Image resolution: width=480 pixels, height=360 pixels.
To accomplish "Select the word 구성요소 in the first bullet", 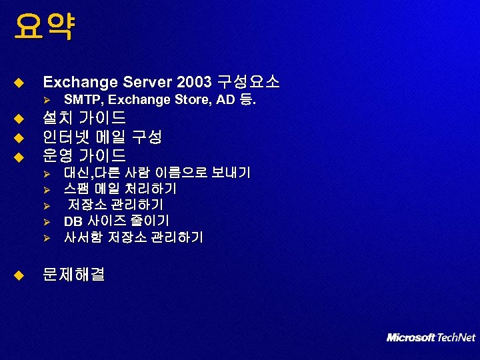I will [247, 83].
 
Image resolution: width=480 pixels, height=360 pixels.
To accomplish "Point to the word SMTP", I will [83, 100].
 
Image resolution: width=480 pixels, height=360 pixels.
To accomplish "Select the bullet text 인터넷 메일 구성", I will [102, 137].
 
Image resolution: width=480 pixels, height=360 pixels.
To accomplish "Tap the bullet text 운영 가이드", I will [84, 156].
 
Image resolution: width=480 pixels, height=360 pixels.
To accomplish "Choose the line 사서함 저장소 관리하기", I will [133, 237].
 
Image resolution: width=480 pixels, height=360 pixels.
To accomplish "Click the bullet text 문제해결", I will [73, 274].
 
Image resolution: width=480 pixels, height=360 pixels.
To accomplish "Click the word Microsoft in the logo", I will [411, 337].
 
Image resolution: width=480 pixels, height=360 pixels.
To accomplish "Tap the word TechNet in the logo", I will [457, 337].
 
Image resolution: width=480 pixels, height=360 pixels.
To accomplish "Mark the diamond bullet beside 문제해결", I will [19, 274].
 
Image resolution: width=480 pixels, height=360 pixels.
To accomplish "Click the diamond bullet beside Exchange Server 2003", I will [19, 83].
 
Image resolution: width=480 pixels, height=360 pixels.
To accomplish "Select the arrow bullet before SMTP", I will [47, 100].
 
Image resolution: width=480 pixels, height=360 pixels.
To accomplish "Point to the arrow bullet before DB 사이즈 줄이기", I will [47, 221].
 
